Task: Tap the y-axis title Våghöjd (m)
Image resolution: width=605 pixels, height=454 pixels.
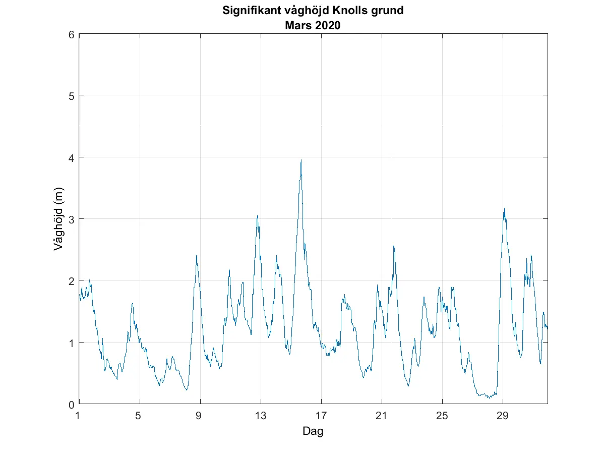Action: (x=59, y=219)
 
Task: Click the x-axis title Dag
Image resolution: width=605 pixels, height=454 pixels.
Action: (x=313, y=431)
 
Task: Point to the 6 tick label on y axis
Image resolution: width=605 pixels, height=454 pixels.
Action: (x=72, y=34)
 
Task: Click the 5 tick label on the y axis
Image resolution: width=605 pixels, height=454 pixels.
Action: (x=72, y=96)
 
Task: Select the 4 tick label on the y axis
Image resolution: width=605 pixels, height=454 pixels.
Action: (x=72, y=157)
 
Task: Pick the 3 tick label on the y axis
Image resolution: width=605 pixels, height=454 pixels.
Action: (x=72, y=219)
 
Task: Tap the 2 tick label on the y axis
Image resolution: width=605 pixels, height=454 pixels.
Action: (x=72, y=280)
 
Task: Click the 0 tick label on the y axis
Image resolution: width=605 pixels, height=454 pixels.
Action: (x=72, y=404)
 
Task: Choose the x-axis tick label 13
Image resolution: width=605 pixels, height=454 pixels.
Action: (x=261, y=416)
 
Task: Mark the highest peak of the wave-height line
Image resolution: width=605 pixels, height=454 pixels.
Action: (x=301, y=160)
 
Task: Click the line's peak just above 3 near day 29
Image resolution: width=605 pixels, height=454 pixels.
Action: (x=504, y=209)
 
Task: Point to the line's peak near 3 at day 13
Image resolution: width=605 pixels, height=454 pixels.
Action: (x=257, y=216)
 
